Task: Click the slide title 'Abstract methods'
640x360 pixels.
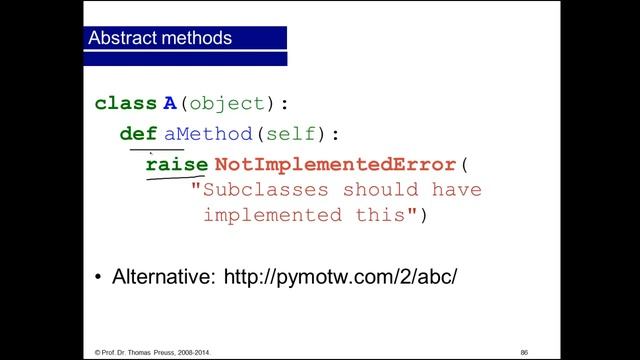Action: [160, 40]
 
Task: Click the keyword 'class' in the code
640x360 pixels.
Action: [125, 103]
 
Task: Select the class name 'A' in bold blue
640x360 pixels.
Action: [170, 103]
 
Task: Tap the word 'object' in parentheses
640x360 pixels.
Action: [228, 103]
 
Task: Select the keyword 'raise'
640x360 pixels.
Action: [176, 163]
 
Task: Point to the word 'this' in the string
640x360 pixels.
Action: [378, 215]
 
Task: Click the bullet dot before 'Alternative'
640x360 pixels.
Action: [98, 276]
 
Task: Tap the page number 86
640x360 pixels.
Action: [524, 351]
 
